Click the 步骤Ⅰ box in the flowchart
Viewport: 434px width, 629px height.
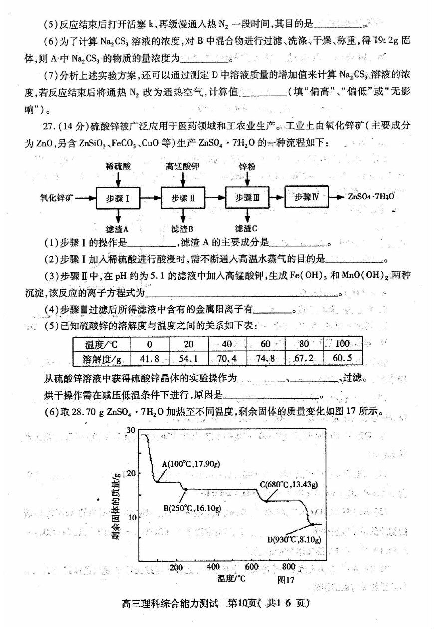[x=118, y=198]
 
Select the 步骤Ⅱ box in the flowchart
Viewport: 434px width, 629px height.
[x=183, y=198]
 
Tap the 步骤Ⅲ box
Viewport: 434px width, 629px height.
[x=247, y=197]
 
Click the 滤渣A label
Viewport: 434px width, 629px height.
[x=118, y=229]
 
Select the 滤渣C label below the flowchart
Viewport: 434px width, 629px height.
[x=246, y=229]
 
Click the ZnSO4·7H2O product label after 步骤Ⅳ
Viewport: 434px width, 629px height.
[x=372, y=196]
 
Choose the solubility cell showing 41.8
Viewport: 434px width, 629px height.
[x=150, y=358]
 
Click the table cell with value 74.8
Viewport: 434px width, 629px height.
[x=265, y=358]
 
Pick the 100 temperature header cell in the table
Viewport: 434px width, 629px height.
[x=343, y=344]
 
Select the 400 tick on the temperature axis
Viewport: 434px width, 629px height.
[x=213, y=567]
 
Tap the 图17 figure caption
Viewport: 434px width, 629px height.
[x=286, y=580]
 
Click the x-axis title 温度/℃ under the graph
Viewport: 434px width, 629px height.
[x=232, y=579]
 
